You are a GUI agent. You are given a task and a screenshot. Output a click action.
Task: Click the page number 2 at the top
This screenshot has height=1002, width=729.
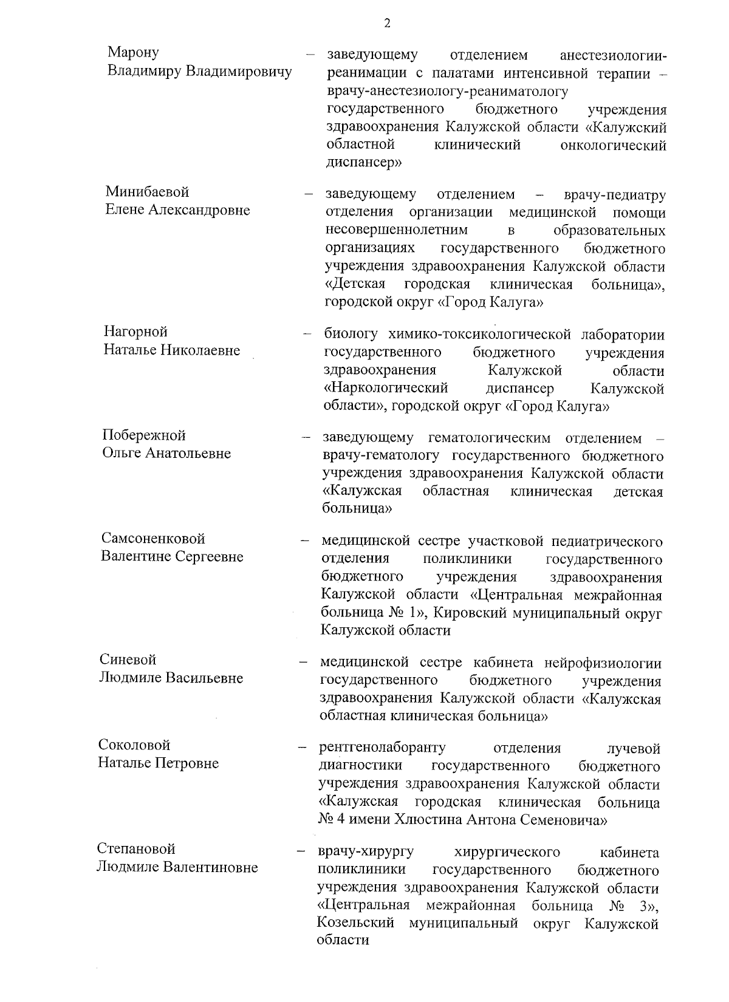386,24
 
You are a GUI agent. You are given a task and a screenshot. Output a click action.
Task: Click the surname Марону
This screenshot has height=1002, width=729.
133,53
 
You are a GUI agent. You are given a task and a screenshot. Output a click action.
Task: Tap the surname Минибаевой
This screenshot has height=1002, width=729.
147,192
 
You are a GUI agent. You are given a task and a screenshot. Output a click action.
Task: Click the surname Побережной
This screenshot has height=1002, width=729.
143,435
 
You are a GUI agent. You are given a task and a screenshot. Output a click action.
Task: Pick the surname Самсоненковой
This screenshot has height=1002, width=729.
153,538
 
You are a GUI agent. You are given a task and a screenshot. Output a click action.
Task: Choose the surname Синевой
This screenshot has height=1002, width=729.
128,659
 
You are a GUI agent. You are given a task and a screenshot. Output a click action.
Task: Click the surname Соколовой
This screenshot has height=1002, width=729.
134,745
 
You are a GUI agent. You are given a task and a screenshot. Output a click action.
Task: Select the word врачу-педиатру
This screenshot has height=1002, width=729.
614,195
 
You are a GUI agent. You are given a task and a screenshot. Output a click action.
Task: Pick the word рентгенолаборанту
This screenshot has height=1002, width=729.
382,748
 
